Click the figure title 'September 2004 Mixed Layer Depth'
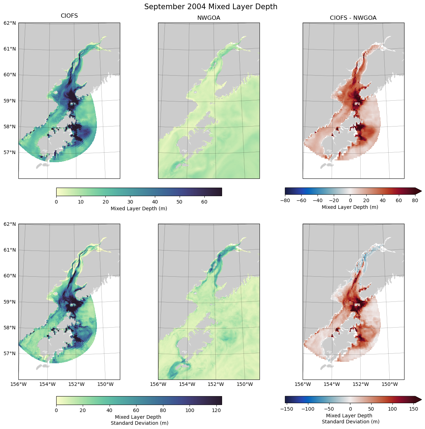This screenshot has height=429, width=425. (211, 7)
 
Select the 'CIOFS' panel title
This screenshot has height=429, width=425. (69, 16)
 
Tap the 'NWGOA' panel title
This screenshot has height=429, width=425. (209, 18)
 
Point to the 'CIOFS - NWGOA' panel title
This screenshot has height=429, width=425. (353, 18)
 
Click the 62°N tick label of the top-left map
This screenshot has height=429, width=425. (10, 23)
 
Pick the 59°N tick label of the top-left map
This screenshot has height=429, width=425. (10, 101)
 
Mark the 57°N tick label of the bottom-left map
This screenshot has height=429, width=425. (10, 353)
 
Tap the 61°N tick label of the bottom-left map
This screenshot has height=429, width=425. (10, 250)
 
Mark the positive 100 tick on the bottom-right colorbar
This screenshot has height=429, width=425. (392, 409)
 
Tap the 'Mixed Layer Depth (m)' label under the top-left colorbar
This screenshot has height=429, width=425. (139, 208)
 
